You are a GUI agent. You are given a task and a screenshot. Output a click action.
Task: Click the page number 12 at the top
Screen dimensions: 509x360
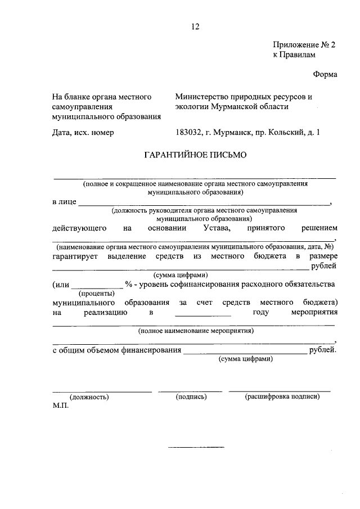tap(195, 26)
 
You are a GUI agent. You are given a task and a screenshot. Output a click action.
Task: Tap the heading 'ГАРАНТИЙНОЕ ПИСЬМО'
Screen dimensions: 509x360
tap(195, 154)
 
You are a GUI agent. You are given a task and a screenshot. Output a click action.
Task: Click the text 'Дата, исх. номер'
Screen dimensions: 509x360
tap(83, 133)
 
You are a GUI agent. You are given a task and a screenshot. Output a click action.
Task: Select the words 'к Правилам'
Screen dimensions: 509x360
tap(294, 55)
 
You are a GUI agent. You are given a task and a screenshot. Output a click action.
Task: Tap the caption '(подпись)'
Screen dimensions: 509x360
tap(191, 397)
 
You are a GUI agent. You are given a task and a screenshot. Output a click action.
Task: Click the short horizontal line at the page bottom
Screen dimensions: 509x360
tap(196, 447)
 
